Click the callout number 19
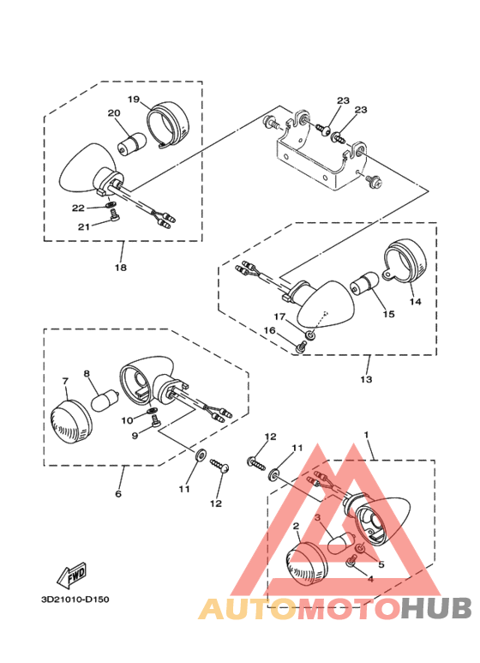pos(134,99)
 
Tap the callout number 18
pos(121,268)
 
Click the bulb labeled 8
pos(103,399)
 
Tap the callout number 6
pos(118,494)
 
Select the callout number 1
pos(368,435)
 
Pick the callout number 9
pos(134,436)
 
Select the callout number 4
pos(369,578)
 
